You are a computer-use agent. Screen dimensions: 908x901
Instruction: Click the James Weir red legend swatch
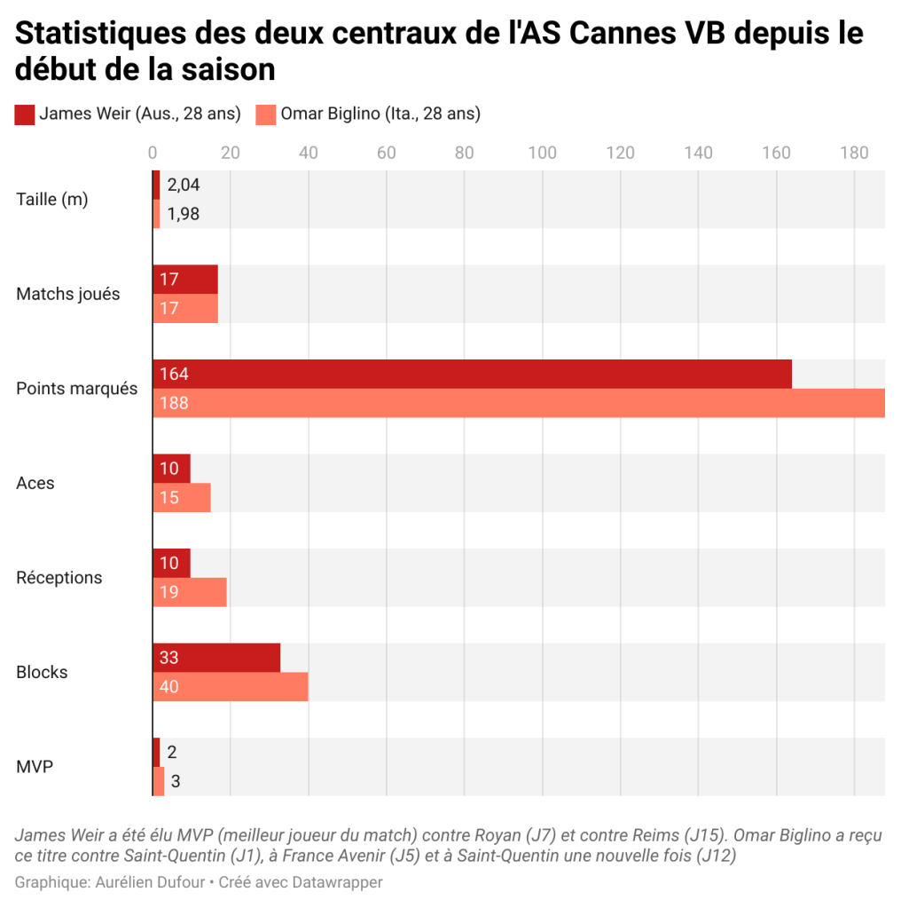pos(25,114)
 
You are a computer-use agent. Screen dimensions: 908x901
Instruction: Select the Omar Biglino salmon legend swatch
pos(265,114)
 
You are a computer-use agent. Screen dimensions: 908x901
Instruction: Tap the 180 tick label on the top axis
pos(854,153)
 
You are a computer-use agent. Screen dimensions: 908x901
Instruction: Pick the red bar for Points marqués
pos(473,374)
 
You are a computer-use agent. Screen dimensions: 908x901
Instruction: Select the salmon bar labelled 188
pos(519,403)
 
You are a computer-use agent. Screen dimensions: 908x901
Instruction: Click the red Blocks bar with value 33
pos(217,658)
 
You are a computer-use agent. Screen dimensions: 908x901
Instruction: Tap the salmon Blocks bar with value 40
pos(231,687)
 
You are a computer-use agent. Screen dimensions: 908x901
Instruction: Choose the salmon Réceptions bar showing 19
pos(190,592)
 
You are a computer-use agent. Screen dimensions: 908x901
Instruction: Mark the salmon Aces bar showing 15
pos(182,498)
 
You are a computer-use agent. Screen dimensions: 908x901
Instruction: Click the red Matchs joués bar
pos(185,279)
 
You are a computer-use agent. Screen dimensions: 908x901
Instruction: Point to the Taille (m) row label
pos(52,200)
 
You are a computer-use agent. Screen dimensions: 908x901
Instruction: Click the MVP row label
pos(31,767)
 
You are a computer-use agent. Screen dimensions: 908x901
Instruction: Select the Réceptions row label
pos(59,578)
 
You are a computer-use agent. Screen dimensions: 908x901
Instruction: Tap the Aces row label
pos(35,484)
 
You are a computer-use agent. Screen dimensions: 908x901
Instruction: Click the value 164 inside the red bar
pos(174,374)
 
